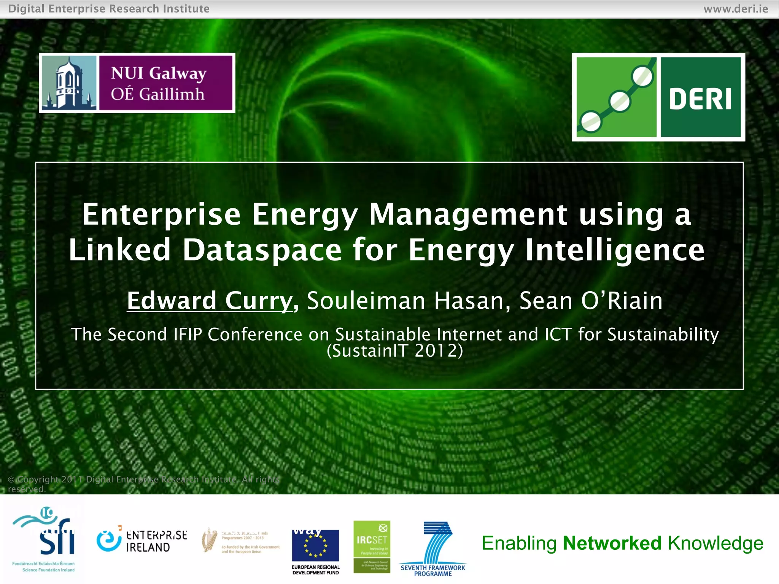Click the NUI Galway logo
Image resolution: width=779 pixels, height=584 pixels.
pyautogui.click(x=137, y=83)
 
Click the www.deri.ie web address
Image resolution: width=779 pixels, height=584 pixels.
pyautogui.click(x=736, y=8)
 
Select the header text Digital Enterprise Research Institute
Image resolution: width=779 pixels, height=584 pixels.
pyautogui.click(x=109, y=8)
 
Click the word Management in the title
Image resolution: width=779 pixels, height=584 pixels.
pyautogui.click(x=468, y=214)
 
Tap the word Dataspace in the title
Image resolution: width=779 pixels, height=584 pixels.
pyautogui.click(x=262, y=250)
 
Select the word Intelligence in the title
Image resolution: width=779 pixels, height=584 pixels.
pyautogui.click(x=615, y=250)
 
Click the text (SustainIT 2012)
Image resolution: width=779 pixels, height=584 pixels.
pyautogui.click(x=395, y=351)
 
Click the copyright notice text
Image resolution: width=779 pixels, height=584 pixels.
pyautogui.click(x=143, y=484)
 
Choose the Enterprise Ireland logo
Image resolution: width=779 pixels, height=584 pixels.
pyautogui.click(x=142, y=540)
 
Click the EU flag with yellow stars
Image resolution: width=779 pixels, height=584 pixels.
pyautogui.click(x=315, y=545)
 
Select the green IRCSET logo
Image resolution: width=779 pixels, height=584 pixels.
pyautogui.click(x=372, y=546)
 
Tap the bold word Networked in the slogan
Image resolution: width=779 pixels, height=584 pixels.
pyautogui.click(x=612, y=543)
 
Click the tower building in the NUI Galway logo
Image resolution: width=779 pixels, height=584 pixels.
pyautogui.click(x=68, y=83)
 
